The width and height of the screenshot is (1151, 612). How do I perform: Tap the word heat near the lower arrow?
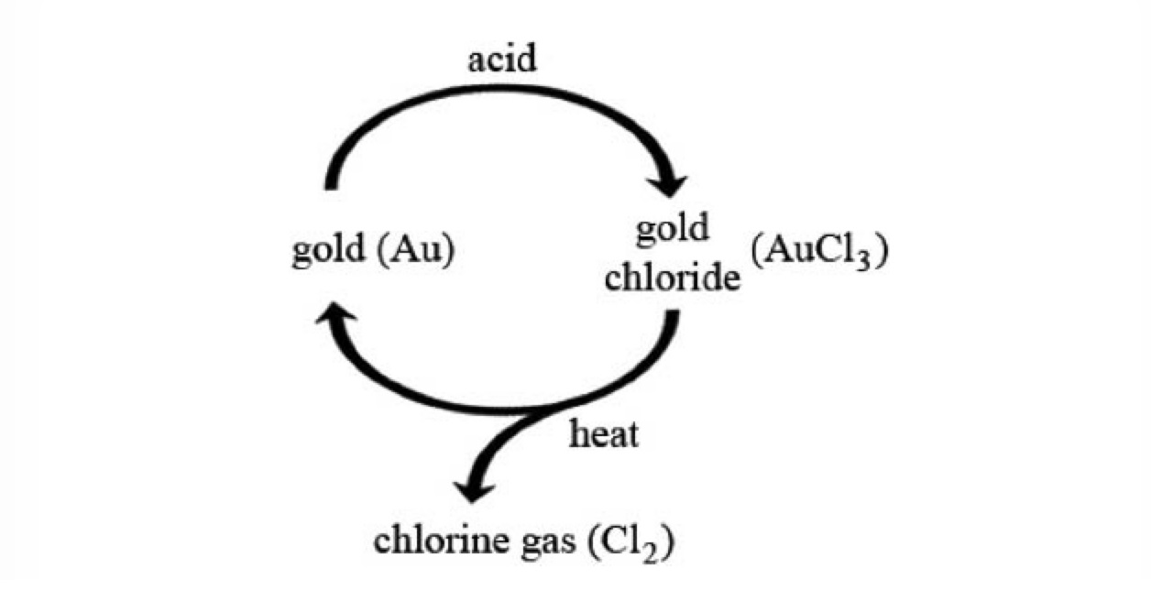click(603, 435)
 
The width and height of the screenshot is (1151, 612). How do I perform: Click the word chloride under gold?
click(672, 277)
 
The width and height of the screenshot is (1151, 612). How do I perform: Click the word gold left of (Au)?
click(328, 252)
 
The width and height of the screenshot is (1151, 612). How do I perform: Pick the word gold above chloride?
click(672, 229)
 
